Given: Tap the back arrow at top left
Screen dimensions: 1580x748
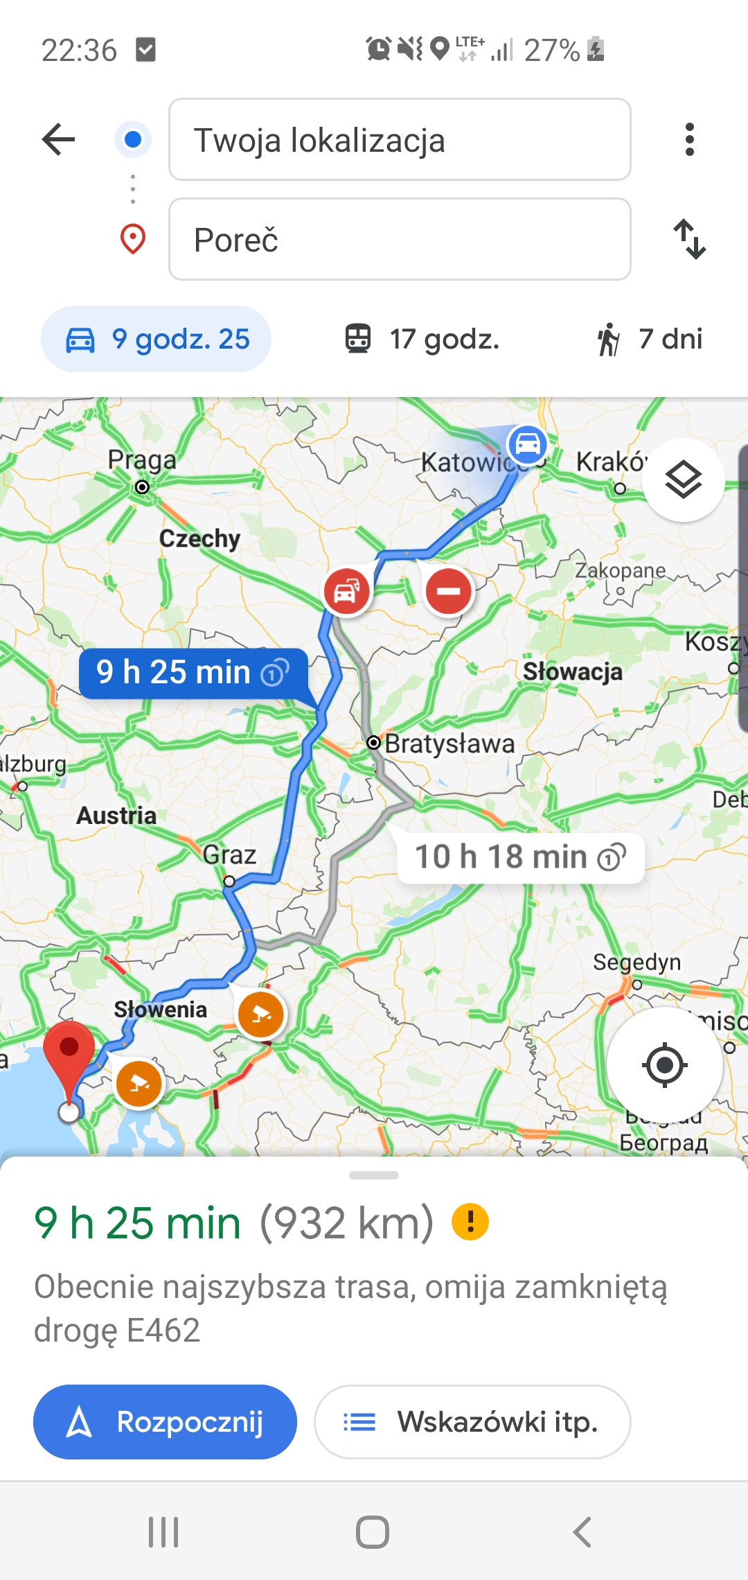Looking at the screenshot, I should [59, 140].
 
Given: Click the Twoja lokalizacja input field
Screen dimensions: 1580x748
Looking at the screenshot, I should [400, 140].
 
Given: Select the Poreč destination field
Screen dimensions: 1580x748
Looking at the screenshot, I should [400, 240].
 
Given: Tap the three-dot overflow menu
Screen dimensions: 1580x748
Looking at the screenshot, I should [689, 140].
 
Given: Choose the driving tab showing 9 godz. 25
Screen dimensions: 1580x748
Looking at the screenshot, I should [157, 340].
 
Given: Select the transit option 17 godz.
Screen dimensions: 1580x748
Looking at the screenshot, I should [422, 340].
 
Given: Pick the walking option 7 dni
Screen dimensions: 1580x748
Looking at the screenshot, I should [650, 340].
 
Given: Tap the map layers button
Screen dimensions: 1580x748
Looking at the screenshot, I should [683, 480].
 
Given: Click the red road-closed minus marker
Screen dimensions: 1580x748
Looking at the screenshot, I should [449, 591].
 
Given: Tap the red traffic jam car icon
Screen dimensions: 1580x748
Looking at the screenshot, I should [346, 591].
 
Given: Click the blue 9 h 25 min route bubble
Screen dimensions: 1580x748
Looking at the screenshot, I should [193, 672].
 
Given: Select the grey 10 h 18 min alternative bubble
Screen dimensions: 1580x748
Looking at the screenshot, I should [520, 857].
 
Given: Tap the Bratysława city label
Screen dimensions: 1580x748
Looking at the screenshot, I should [449, 744].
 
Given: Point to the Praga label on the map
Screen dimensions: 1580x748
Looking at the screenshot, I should [142, 460].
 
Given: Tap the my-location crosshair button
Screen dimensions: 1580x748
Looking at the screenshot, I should [664, 1065].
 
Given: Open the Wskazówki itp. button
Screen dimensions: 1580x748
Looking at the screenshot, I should [472, 1422].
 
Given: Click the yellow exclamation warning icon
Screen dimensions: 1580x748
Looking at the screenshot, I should [470, 1222].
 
